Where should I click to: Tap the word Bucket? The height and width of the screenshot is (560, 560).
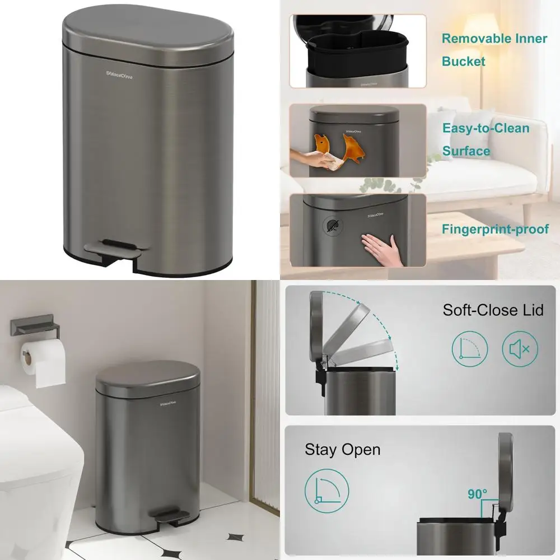(464, 61)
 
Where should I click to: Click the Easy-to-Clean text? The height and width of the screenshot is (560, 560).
(486, 128)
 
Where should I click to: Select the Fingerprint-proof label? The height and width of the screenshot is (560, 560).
(495, 229)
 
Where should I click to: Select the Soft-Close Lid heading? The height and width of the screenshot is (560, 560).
(493, 310)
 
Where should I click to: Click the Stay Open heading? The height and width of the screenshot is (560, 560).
(342, 449)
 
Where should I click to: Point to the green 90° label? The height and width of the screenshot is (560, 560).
(477, 495)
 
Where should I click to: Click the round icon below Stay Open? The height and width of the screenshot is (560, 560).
(327, 491)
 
